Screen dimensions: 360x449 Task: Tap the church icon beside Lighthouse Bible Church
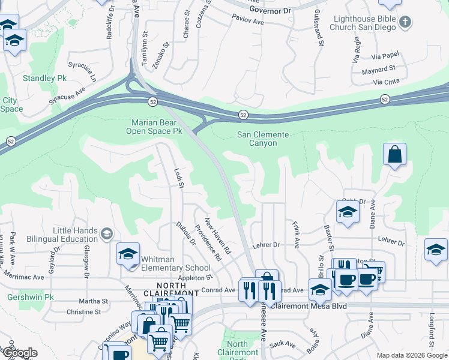[x=406, y=23]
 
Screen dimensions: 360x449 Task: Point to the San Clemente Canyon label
[x=264, y=139]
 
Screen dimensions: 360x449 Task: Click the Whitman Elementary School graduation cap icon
[x=128, y=254]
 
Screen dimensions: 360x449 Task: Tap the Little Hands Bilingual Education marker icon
[x=107, y=233]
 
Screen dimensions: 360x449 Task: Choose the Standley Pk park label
[x=44, y=79]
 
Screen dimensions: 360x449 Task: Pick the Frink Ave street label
[x=296, y=235]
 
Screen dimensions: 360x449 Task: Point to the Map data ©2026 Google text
[x=411, y=355]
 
